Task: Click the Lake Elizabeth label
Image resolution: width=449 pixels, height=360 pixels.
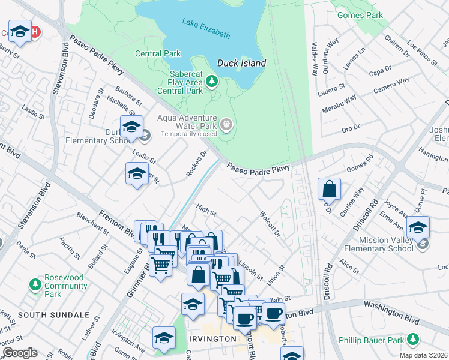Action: click(206, 28)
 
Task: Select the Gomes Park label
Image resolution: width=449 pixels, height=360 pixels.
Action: click(369, 14)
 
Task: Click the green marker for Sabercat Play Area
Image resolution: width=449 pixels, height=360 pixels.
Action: click(211, 81)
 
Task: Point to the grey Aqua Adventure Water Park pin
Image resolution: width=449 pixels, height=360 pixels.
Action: click(226, 125)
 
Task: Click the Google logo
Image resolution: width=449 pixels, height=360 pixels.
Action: click(20, 353)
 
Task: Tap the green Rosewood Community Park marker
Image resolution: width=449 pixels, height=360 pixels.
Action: click(36, 283)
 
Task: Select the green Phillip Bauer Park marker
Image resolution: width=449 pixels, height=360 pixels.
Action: click(412, 340)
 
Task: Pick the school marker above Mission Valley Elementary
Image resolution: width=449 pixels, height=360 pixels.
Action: click(418, 227)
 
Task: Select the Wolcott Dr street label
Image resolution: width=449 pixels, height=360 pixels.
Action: click(270, 223)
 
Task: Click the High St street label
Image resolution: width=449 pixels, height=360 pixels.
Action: click(206, 210)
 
